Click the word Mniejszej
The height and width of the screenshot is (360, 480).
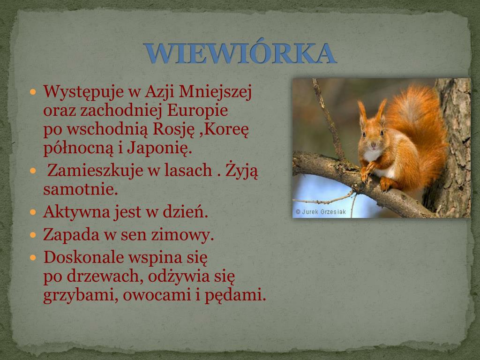click(215, 92)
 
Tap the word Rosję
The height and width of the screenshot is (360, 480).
click(173, 129)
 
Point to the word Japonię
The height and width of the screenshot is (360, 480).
click(159, 149)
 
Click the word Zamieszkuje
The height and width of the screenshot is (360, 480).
click(95, 171)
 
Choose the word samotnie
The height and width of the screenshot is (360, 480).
click(81, 189)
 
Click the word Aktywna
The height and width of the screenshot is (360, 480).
click(76, 212)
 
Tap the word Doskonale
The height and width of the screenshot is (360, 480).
click(83, 257)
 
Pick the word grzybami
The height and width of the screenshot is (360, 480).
click(81, 295)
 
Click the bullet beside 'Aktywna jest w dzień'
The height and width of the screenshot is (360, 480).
click(33, 212)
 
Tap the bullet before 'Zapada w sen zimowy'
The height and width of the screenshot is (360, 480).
click(33, 235)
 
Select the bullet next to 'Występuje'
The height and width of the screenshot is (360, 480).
click(33, 91)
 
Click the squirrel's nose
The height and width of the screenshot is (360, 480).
click(373, 144)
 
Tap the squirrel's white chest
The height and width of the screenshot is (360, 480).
click(372, 155)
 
